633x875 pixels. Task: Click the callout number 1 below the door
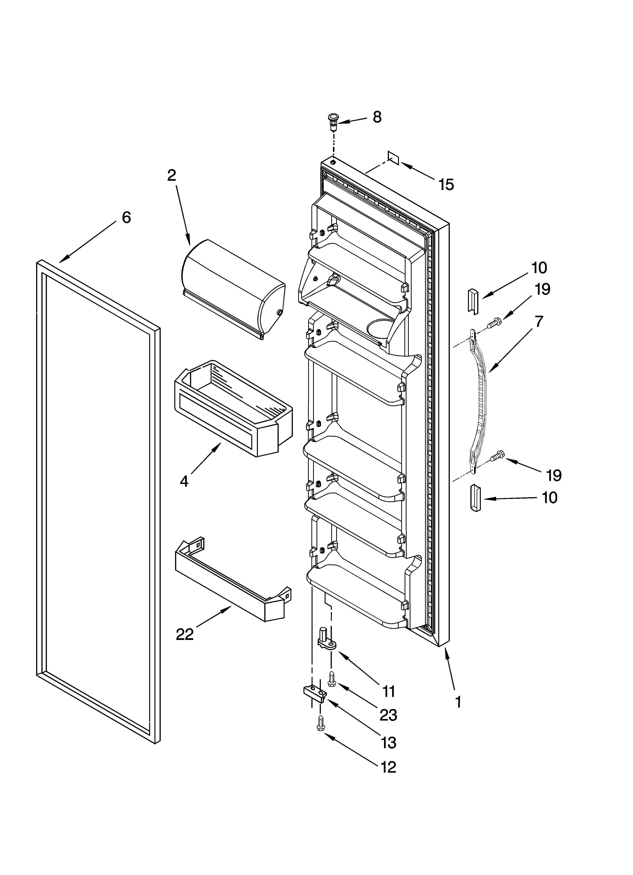(458, 702)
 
